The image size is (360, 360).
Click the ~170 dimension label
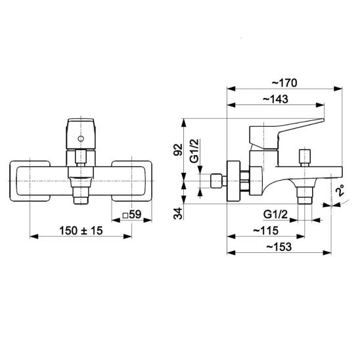[284, 83]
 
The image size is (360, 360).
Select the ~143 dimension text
[275, 99]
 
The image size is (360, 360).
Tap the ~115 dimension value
[266, 231]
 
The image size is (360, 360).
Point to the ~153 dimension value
[279, 247]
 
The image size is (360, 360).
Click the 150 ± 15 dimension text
[81, 231]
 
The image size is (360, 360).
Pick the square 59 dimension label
[132, 214]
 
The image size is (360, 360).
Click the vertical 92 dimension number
[178, 150]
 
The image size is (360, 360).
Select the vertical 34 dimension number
[178, 214]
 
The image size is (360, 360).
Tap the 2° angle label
[340, 191]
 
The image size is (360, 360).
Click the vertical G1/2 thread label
[194, 151]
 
